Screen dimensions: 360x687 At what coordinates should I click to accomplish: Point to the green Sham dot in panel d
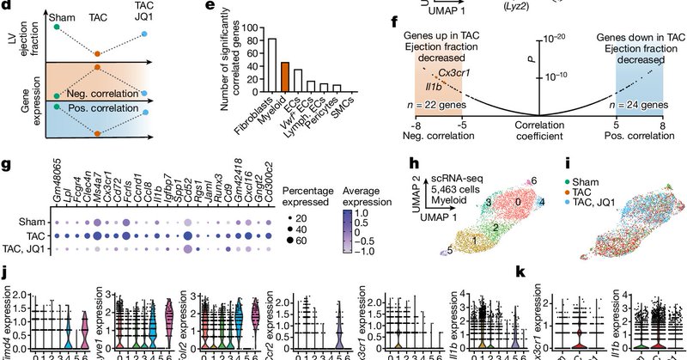coord(56,27)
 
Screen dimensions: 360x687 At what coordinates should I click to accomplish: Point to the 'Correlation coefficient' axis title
coord(538,130)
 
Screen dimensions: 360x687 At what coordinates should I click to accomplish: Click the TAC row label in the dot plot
coord(26,234)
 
